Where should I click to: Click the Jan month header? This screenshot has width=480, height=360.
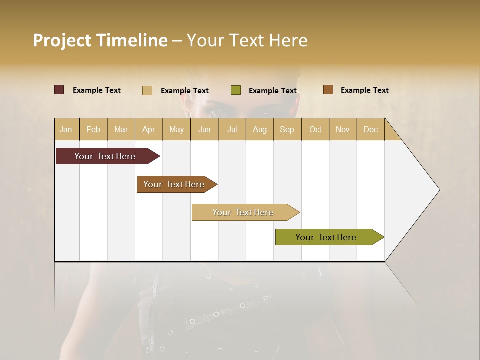tap(66, 129)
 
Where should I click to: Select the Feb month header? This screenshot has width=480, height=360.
tap(93, 129)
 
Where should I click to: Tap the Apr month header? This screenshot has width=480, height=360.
tap(149, 129)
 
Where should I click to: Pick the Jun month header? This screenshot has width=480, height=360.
tap(204, 129)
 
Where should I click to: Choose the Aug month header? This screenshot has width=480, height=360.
tap(260, 129)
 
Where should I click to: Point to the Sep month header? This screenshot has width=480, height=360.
tap(287, 129)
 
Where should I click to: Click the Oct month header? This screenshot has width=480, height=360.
tap(315, 129)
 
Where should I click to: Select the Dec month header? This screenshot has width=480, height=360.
tap(371, 129)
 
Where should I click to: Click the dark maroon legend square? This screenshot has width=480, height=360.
tap(59, 90)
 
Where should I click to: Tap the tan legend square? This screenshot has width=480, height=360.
tap(147, 90)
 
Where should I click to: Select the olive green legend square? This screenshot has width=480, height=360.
tap(236, 90)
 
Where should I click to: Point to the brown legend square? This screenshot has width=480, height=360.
tap(328, 90)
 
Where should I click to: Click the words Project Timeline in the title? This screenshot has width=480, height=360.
tap(100, 40)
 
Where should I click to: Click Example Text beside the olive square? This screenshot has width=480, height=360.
tap(273, 91)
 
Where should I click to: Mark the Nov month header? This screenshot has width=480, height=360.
tap(343, 129)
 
